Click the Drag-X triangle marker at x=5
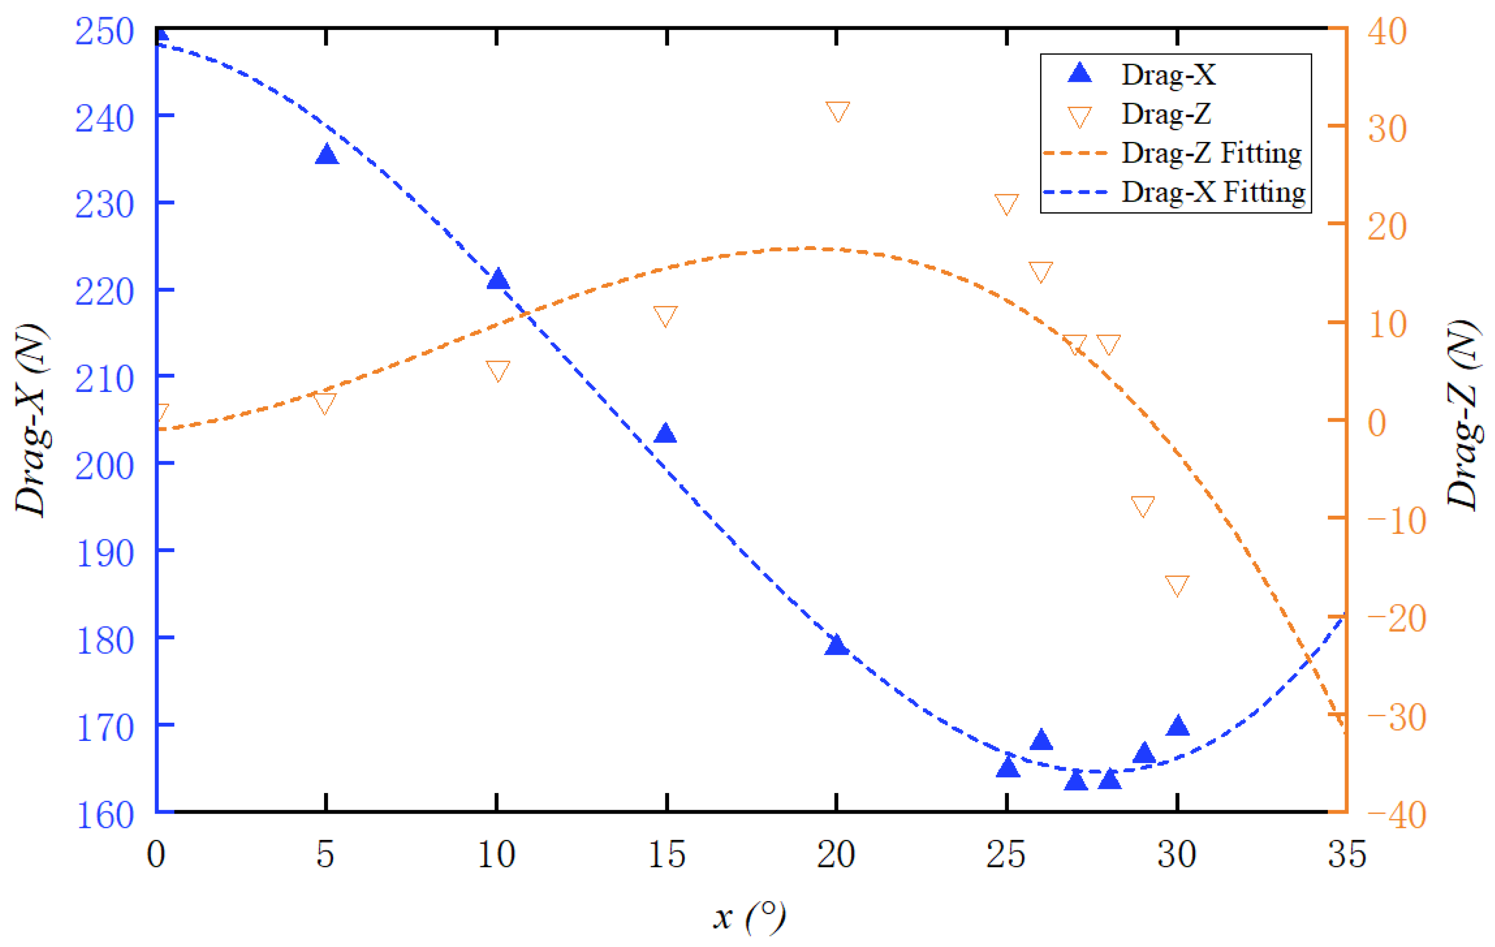click(x=327, y=155)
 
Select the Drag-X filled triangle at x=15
click(x=665, y=433)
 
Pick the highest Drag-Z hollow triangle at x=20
click(x=838, y=111)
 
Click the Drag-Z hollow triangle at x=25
click(x=1006, y=203)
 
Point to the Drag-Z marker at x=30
click(x=1177, y=584)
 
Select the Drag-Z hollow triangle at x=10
click(x=498, y=370)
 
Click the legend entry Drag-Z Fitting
click(x=1211, y=153)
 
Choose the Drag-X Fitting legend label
click(x=1213, y=192)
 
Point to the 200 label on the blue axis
click(x=105, y=466)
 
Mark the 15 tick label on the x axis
click(x=666, y=855)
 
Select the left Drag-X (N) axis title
click(x=31, y=420)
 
